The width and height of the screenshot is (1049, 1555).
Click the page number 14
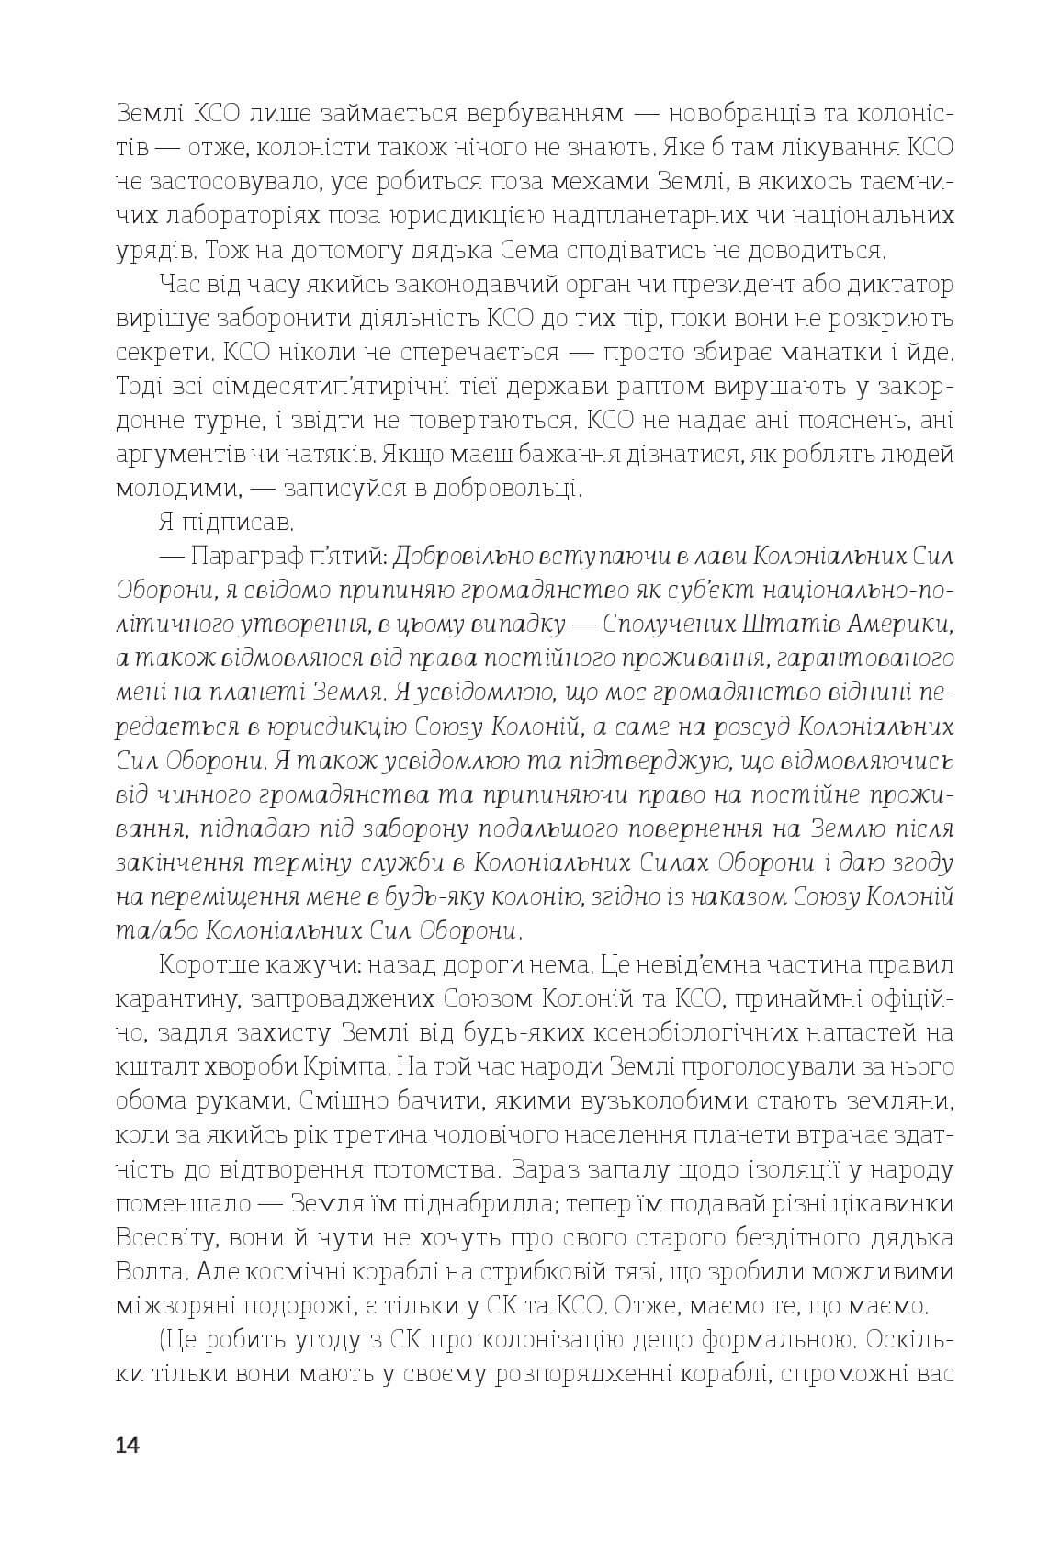coord(128,1445)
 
